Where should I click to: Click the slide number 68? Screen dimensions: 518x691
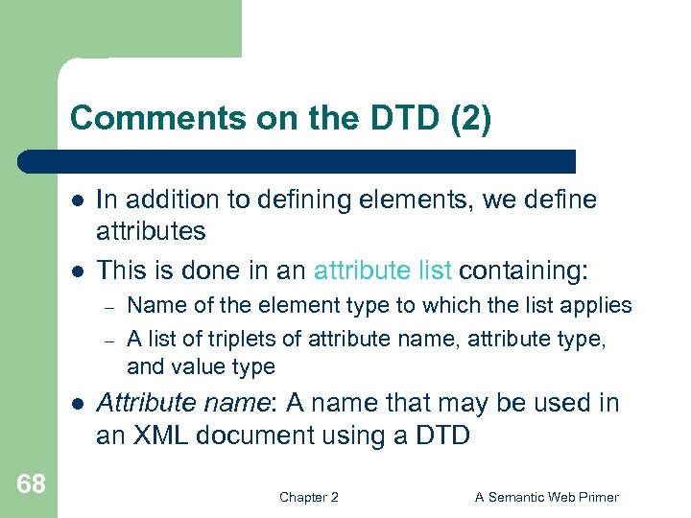tap(31, 483)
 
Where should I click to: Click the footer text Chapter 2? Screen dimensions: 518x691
tap(308, 497)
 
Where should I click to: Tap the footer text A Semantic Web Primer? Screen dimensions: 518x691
tap(547, 497)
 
